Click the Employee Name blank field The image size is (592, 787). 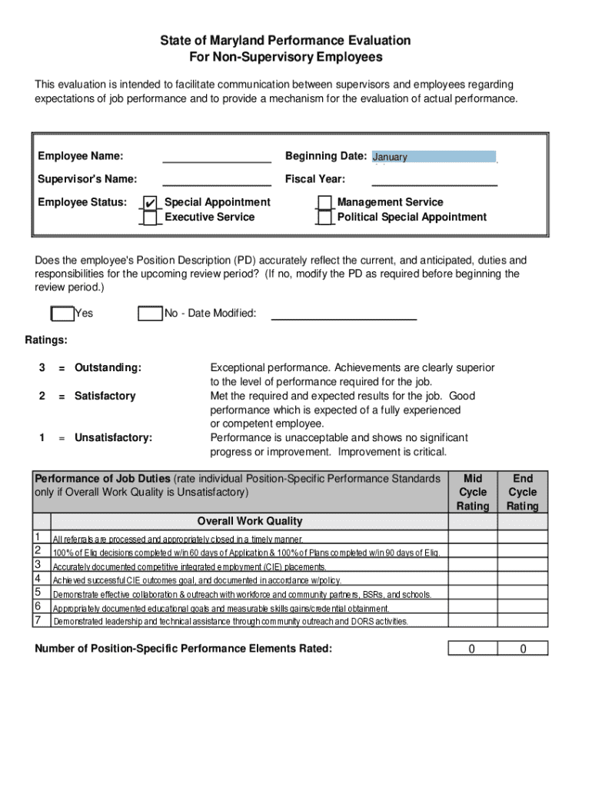coord(216,157)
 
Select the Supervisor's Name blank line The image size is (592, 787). coord(216,180)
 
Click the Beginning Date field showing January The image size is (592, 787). coord(434,157)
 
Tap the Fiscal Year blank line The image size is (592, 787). coord(434,180)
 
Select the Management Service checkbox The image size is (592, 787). coord(324,202)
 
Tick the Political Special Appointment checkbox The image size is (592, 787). coord(324,218)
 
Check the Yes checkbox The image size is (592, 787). coord(62,314)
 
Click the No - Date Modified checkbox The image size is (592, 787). coord(150,314)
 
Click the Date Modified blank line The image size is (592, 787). coord(344,314)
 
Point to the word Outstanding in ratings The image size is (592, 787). coord(108,368)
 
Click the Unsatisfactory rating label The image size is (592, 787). coord(113,438)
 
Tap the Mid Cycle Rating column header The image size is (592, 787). coord(473,492)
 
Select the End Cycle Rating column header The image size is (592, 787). coord(523,492)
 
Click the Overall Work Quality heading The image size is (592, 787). coord(250,521)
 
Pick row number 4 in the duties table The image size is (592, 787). coord(38,579)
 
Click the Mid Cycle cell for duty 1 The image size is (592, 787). coord(473,537)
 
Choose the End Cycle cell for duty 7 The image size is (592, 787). coord(523,620)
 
